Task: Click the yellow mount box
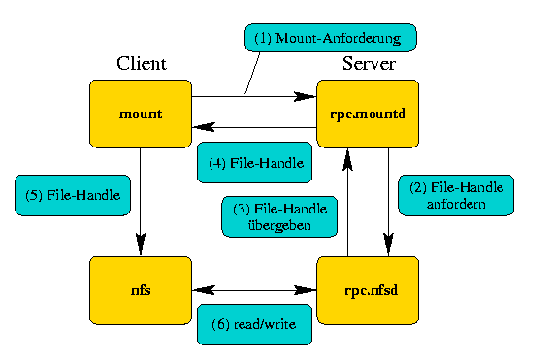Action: [x=141, y=114]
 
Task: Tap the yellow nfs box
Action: [x=141, y=289]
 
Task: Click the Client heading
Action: [x=142, y=64]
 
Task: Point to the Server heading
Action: [x=368, y=64]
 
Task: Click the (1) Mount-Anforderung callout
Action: [x=329, y=39]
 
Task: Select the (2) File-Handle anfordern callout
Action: [x=455, y=195]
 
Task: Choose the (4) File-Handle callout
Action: [x=254, y=163]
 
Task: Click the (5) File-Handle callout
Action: [x=73, y=196]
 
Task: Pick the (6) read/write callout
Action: [x=254, y=323]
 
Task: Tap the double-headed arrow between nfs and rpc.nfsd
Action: [x=254, y=289]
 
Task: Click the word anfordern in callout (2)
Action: [x=455, y=204]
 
